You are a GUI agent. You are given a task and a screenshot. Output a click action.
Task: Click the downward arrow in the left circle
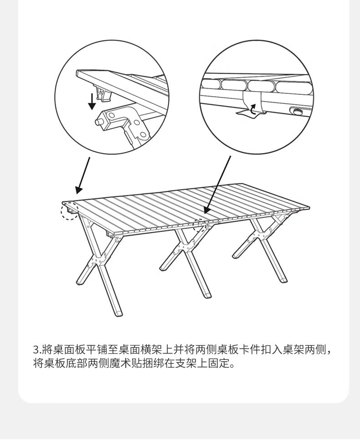[x=92, y=101]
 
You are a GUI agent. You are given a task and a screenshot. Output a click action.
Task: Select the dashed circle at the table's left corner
[x=69, y=210]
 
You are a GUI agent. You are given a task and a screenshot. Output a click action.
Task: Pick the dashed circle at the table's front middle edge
[x=201, y=226]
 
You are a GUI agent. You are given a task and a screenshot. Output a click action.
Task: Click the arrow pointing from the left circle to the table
[x=82, y=176]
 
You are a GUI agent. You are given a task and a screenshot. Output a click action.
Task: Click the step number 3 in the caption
[x=37, y=350]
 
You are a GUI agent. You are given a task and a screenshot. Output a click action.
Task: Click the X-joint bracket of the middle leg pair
[x=185, y=246]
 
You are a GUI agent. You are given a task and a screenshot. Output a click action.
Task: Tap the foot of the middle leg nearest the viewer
[x=207, y=293]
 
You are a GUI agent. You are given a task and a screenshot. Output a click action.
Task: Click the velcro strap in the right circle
[x=252, y=103]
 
